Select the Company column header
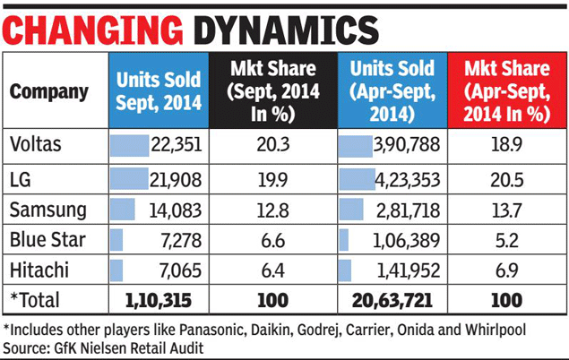(49, 91)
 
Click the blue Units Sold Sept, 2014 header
(158, 91)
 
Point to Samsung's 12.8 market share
(272, 210)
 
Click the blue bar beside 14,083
(122, 210)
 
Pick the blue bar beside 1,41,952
(345, 269)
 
